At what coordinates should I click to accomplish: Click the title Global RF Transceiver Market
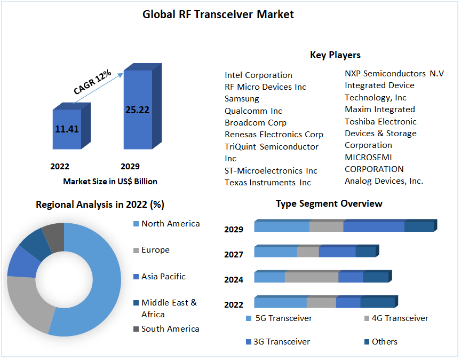218,14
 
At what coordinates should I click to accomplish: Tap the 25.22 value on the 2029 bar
137,110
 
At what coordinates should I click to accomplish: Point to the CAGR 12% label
92,82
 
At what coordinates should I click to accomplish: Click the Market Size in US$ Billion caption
110,182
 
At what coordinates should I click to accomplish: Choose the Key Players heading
335,55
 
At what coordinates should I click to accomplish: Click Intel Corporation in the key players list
258,75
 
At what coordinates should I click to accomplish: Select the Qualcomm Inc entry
253,111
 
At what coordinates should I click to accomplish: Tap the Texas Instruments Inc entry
267,183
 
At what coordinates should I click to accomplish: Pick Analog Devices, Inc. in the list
384,181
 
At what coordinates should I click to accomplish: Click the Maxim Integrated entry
380,109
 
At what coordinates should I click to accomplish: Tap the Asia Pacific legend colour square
136,277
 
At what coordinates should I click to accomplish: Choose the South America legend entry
170,329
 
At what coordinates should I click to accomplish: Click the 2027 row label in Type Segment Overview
234,255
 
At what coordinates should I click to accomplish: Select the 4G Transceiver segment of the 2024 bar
312,277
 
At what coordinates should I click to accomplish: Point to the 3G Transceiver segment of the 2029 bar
373,226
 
